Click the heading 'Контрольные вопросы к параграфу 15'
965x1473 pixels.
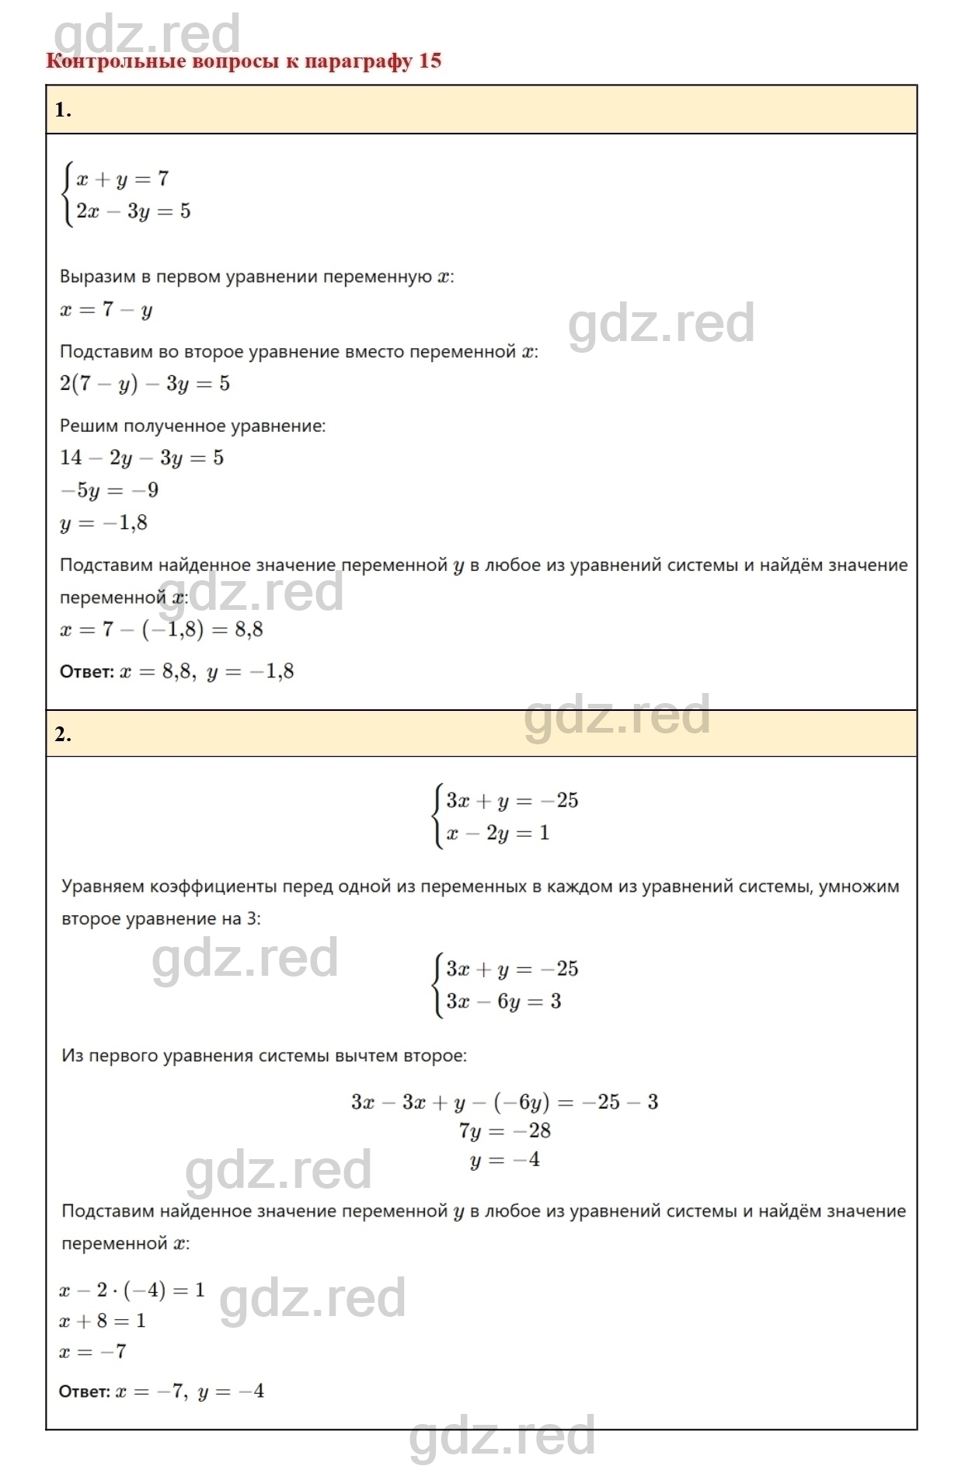[243, 61]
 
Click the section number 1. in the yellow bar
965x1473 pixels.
[63, 110]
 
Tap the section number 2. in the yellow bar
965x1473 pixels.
[63, 734]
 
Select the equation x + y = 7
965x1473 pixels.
[122, 179]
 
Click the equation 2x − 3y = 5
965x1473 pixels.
[133, 211]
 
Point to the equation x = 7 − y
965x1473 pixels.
[106, 310]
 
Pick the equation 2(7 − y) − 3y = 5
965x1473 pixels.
[145, 384]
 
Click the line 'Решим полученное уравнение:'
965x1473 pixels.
[193, 426]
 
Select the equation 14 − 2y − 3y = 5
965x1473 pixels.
[141, 458]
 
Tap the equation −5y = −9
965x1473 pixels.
[110, 490]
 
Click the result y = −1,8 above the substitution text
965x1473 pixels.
[104, 523]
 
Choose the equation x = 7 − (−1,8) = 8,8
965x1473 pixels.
[162, 629]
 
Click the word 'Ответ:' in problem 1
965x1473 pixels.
[86, 672]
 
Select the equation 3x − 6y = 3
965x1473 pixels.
[503, 1001]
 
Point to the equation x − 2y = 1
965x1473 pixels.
[497, 834]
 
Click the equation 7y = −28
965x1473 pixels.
[504, 1131]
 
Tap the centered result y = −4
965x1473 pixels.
[504, 1161]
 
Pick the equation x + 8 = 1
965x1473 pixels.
[103, 1321]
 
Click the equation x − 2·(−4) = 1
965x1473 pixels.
[132, 1290]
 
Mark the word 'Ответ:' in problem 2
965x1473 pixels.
[85, 1391]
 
